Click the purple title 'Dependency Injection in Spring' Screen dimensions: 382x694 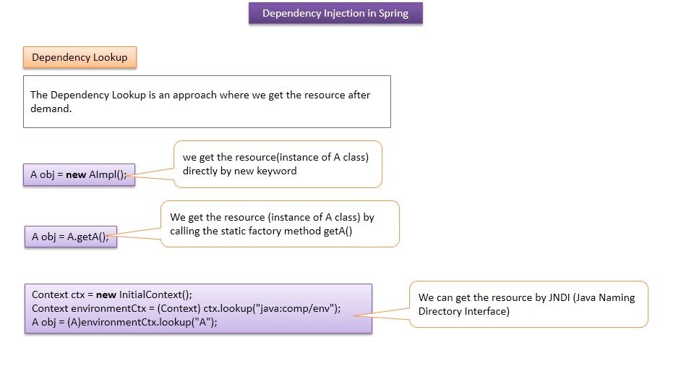[335, 14]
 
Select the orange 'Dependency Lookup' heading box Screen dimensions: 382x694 [80, 58]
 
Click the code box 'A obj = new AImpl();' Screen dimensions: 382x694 [79, 174]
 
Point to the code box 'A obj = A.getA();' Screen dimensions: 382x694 [70, 237]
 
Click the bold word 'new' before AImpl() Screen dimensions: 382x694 [76, 174]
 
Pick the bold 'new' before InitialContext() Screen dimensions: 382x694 [106, 294]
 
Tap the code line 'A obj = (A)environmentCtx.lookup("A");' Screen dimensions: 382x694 [124, 322]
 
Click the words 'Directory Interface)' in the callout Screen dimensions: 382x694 [464, 311]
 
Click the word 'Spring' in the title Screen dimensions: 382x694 [393, 14]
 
